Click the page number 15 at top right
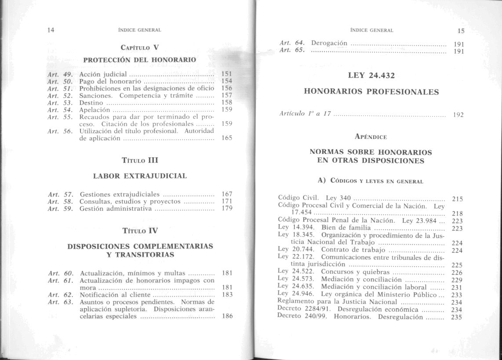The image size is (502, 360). pyautogui.click(x=460, y=31)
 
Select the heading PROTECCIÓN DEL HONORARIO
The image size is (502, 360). pyautogui.click(x=139, y=59)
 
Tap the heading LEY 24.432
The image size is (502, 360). pyautogui.click(x=371, y=75)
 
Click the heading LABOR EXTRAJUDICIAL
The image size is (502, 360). pyautogui.click(x=140, y=176)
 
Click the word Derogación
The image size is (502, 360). pyautogui.click(x=329, y=43)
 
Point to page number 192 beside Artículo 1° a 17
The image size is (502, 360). pyautogui.click(x=458, y=115)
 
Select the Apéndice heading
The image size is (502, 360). pyautogui.click(x=371, y=136)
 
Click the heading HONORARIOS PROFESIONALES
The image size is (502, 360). pyautogui.click(x=371, y=92)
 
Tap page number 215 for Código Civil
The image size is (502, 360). pyautogui.click(x=458, y=199)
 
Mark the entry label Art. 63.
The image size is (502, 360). pyautogui.click(x=57, y=302)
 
